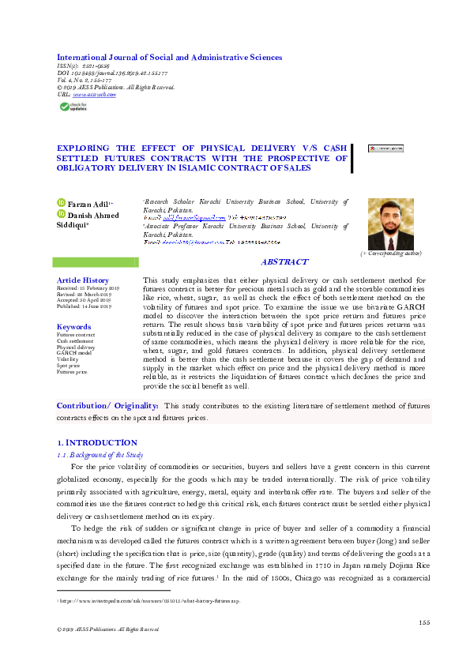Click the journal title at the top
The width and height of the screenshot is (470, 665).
click(169, 58)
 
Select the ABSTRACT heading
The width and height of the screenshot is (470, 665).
click(284, 262)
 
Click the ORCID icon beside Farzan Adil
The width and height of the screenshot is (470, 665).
click(61, 204)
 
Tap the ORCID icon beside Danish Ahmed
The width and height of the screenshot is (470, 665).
click(61, 214)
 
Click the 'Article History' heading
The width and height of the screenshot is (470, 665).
click(83, 280)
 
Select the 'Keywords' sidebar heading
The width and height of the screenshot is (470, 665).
click(74, 326)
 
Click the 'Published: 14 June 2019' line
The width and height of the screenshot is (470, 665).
click(84, 306)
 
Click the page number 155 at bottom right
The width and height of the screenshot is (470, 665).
click(424, 622)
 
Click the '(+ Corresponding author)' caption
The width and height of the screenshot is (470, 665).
click(391, 254)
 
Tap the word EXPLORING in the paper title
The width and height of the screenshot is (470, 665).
click(87, 148)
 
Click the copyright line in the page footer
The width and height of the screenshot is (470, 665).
click(103, 629)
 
